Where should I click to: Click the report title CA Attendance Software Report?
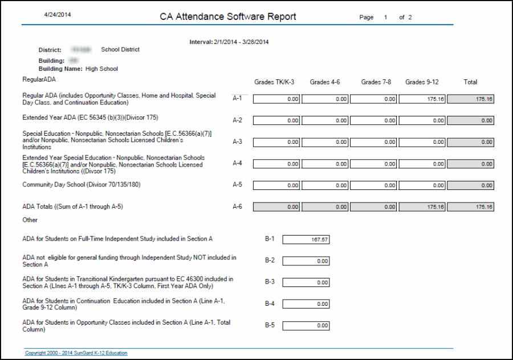pyautogui.click(x=228, y=17)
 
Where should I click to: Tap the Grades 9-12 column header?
pyautogui.click(x=422, y=82)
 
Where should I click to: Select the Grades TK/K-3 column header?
pyautogui.click(x=274, y=82)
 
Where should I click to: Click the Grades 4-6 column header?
pyautogui.click(x=325, y=82)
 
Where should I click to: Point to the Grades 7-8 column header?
pyautogui.click(x=376, y=82)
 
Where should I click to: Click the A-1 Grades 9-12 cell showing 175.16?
pyautogui.click(x=422, y=99)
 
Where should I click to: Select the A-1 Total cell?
pyautogui.click(x=471, y=99)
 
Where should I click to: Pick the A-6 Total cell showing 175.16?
pyautogui.click(x=471, y=207)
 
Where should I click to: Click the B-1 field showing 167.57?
pyautogui.click(x=306, y=240)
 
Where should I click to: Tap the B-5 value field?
pyautogui.click(x=306, y=326)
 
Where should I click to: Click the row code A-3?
pyautogui.click(x=237, y=141)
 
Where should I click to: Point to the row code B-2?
pyautogui.click(x=270, y=261)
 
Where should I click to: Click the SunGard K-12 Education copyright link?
pyautogui.click(x=76, y=353)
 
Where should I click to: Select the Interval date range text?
pyautogui.click(x=229, y=42)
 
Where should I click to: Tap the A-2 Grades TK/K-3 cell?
pyautogui.click(x=276, y=120)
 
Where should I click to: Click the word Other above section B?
pyautogui.click(x=30, y=220)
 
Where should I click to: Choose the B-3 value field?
pyautogui.click(x=306, y=282)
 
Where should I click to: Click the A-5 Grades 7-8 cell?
pyautogui.click(x=373, y=185)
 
